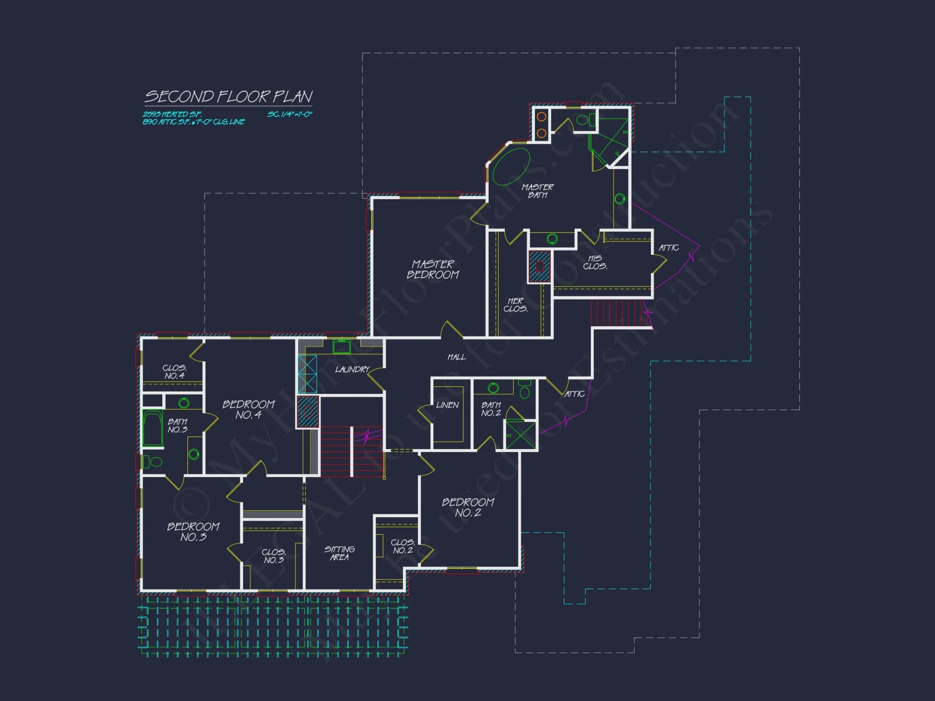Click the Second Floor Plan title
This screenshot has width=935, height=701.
coord(228,97)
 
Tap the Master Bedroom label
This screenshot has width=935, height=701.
coord(433,270)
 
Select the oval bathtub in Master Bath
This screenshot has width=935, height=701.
coord(511,166)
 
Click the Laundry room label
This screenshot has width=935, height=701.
coord(352,370)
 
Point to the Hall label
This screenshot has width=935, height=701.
coord(456,357)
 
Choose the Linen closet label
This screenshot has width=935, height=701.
coord(447,405)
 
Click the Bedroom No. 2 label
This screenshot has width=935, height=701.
coord(468,508)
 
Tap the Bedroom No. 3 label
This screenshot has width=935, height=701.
coord(193,532)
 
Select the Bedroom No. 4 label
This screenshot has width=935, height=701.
coord(248,409)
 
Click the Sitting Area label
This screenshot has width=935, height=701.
coord(339,553)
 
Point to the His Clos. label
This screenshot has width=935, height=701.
coord(595,262)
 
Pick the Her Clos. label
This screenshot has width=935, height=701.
coord(515,305)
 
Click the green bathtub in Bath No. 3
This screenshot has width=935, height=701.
coord(152,429)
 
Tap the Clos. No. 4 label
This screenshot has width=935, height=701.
coord(174,372)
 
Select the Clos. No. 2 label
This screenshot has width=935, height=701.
coord(403,546)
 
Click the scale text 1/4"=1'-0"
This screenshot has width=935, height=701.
coord(290,114)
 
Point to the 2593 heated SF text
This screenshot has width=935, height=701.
coord(172,114)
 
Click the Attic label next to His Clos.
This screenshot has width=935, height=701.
coord(669,248)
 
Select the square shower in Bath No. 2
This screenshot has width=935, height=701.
coord(520,435)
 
